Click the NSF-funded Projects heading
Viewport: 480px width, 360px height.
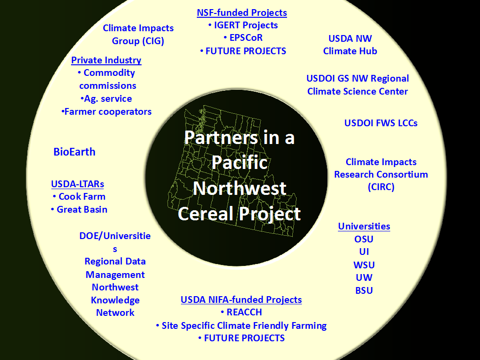242,13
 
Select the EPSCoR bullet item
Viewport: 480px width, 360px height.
243,37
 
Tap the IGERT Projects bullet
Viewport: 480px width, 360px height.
243,25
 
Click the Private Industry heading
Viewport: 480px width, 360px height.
106,60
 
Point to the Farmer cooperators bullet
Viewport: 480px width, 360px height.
106,112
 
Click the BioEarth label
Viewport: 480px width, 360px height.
74,152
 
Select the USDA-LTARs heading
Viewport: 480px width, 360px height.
77,184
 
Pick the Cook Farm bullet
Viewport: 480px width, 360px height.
79,196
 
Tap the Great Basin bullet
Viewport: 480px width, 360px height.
79,210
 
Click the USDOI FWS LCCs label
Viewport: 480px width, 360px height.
381,123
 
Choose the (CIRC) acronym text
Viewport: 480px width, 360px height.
381,187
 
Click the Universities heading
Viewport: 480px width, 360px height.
364,226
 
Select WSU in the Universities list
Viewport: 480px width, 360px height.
364,265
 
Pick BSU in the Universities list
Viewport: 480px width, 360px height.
364,290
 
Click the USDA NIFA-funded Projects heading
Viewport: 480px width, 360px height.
241,300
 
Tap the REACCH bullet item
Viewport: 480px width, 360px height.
241,312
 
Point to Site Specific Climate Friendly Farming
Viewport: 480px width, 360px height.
244,325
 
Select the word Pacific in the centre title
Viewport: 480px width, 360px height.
240,162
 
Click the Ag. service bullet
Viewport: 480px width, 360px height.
106,99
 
